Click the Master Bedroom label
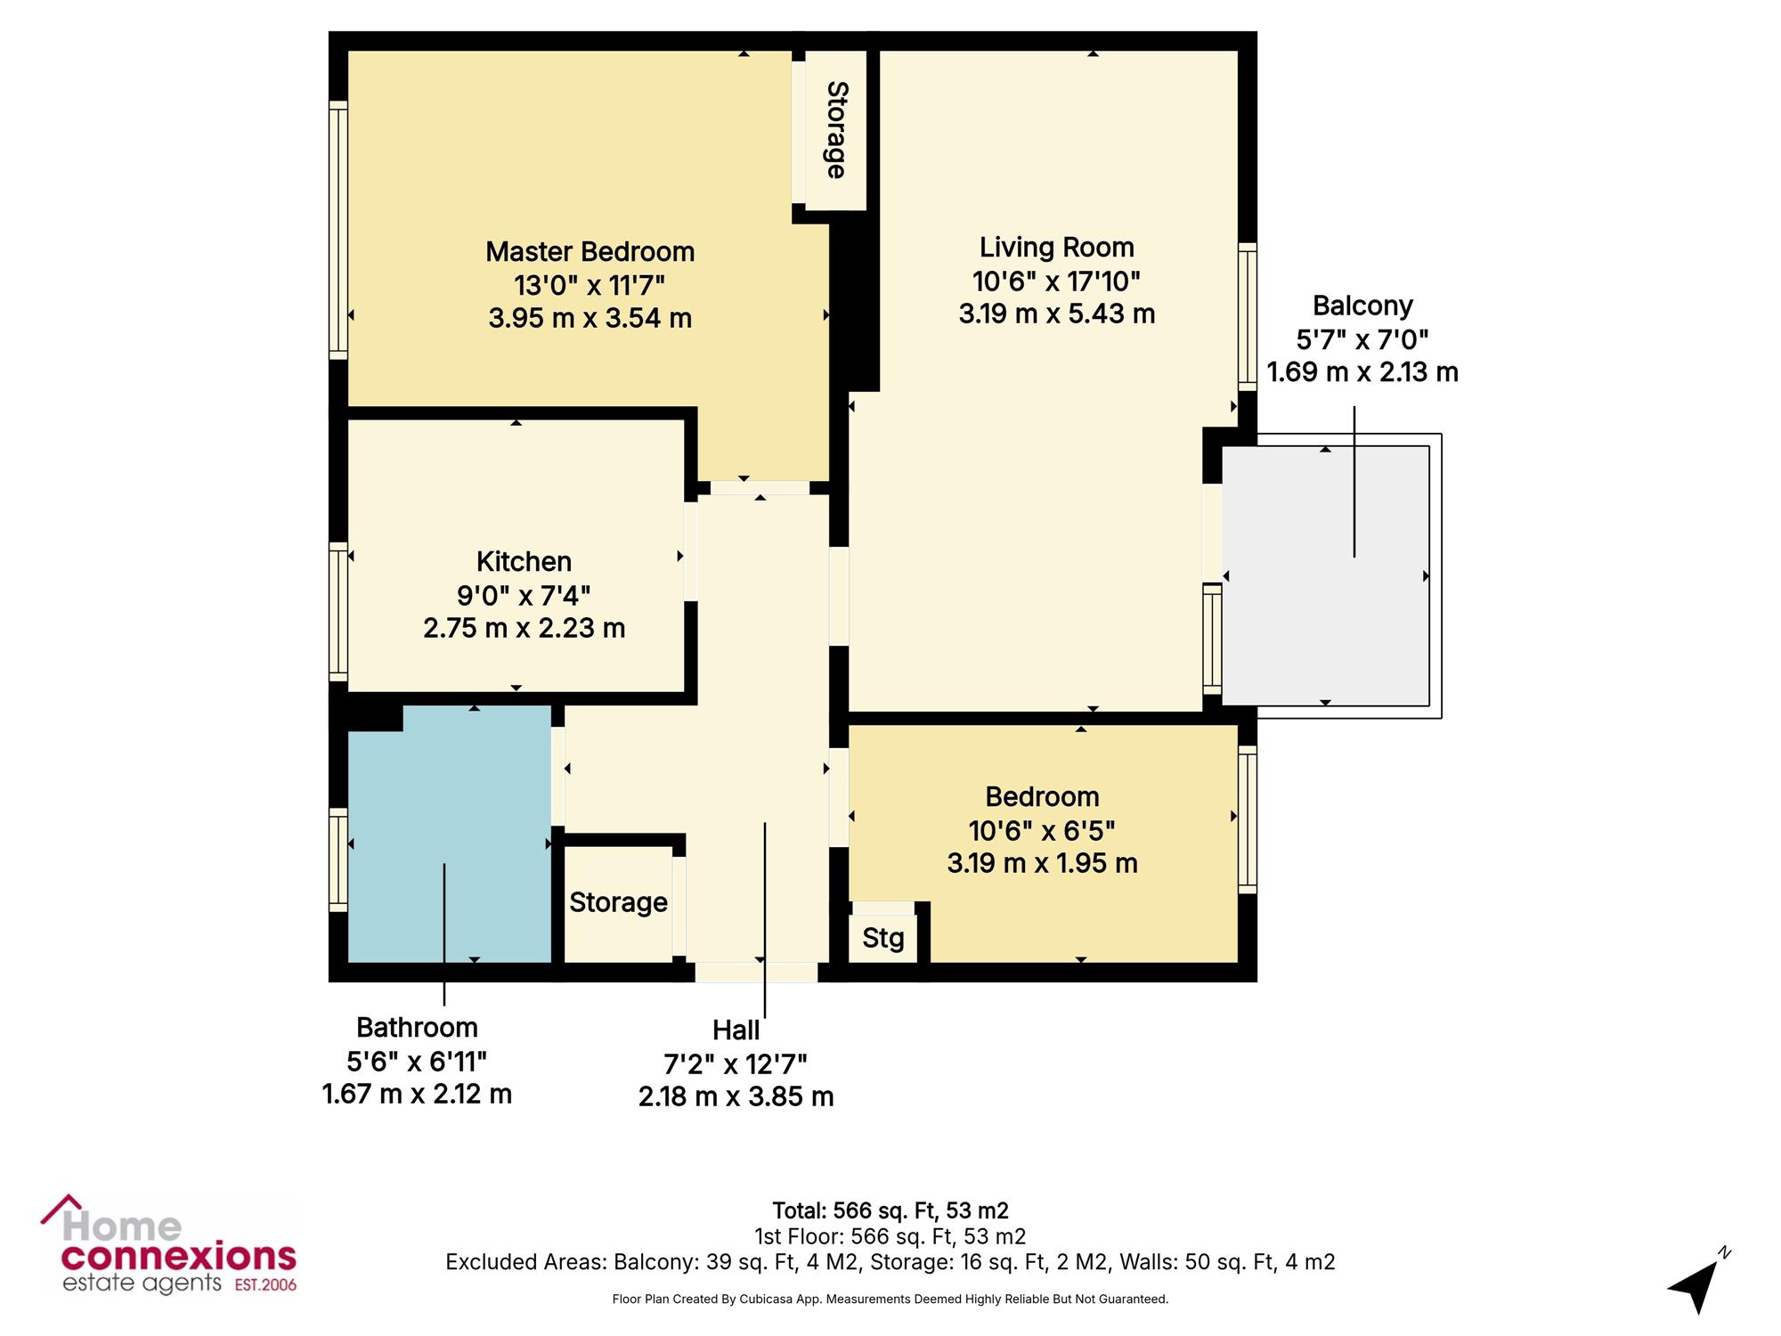pyautogui.click(x=590, y=252)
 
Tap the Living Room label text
pyautogui.click(x=1057, y=248)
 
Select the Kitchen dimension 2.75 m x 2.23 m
pyautogui.click(x=525, y=628)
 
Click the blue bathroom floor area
pyautogui.click(x=450, y=835)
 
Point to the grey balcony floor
pyautogui.click(x=1325, y=576)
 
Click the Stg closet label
pyautogui.click(x=882, y=939)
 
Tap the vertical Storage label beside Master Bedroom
pyautogui.click(x=836, y=130)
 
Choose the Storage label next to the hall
pyautogui.click(x=618, y=902)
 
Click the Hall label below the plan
pyautogui.click(x=736, y=1031)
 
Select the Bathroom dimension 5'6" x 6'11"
pyautogui.click(x=417, y=1061)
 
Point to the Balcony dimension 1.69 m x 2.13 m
pyautogui.click(x=1362, y=372)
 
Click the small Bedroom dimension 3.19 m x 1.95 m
pyautogui.click(x=1042, y=864)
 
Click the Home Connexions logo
pyautogui.click(x=169, y=1244)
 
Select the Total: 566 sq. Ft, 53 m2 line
pyautogui.click(x=890, y=1210)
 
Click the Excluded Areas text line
pyautogui.click(x=890, y=1262)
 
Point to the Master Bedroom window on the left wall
pyautogui.click(x=337, y=230)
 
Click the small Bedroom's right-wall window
pyautogui.click(x=1248, y=819)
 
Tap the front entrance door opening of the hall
pyautogui.click(x=756, y=972)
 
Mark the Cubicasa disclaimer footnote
pyautogui.click(x=890, y=1299)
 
